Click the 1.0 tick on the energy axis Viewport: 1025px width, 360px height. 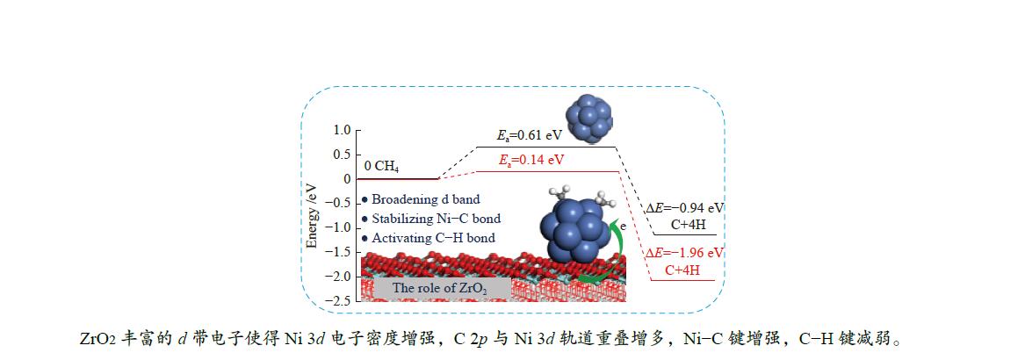[340, 130]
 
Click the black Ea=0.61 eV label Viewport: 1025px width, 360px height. [531, 136]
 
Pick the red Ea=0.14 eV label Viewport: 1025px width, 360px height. [531, 160]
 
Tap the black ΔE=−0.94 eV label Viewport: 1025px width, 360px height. [685, 209]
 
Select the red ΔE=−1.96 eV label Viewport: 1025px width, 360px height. [685, 254]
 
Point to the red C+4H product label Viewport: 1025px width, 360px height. [682, 270]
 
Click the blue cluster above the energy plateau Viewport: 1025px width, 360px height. [590, 119]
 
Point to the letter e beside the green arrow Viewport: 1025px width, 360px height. [622, 226]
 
